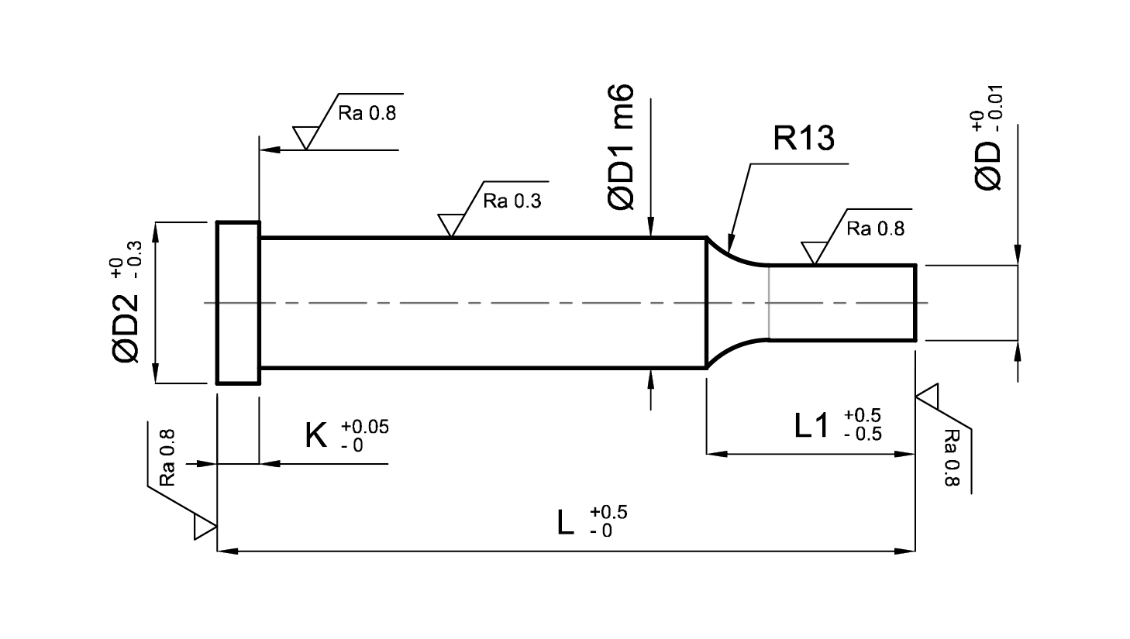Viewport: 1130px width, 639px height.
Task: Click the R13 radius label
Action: pos(804,138)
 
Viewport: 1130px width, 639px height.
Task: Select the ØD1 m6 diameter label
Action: pos(621,146)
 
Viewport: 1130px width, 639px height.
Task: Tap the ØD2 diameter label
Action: pos(125,328)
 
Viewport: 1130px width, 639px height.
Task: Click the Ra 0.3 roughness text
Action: pos(512,201)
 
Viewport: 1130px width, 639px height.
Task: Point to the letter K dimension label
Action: pos(316,436)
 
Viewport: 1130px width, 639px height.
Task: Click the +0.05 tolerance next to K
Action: pos(365,427)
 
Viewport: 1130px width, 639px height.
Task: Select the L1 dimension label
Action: pos(811,425)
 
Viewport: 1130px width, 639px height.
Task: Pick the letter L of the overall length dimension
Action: pos(566,523)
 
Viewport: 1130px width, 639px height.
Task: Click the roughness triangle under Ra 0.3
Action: pos(451,225)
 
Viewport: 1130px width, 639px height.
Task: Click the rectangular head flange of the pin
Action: pos(238,303)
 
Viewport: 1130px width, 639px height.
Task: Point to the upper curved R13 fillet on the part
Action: pos(734,255)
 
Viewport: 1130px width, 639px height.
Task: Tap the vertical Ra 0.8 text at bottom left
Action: pos(167,458)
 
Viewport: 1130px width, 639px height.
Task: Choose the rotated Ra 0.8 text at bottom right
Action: pos(951,458)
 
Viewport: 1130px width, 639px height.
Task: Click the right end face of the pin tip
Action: pos(915,303)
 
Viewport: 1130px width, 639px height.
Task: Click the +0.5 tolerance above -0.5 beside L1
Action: pos(862,415)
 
